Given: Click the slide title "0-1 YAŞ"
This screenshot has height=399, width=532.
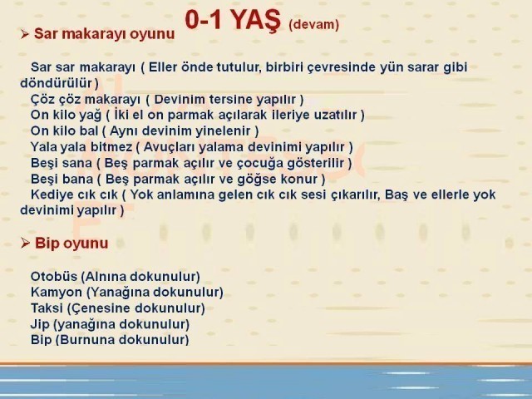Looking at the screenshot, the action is (233, 20).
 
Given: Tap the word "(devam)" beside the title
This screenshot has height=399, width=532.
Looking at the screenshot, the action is (314, 25).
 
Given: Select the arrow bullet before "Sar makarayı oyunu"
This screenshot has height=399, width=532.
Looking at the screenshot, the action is (24, 34).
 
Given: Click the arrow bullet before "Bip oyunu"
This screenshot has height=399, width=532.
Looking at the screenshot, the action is (25, 243).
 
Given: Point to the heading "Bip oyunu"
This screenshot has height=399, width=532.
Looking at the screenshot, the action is (71, 244).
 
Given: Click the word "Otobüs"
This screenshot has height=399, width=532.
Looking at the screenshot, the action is (54, 276).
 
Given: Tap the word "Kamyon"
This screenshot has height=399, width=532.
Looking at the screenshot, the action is (57, 293).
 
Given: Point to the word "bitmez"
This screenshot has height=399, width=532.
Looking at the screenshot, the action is (111, 147).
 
